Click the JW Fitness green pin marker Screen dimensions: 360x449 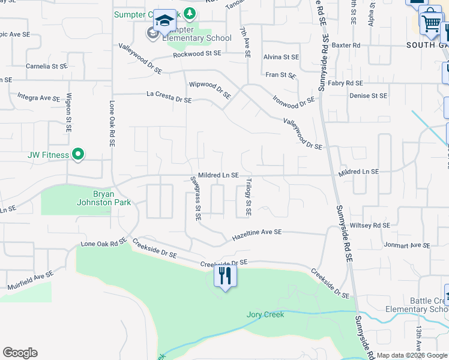[77, 155]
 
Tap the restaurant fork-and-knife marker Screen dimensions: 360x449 [225, 275]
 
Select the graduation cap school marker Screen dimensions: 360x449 [164, 21]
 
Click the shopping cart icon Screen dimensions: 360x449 [430, 24]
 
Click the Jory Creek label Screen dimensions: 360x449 [265, 314]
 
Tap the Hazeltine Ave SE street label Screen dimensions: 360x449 [257, 235]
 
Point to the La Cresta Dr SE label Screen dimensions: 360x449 [169, 97]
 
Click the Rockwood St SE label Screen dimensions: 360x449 [197, 54]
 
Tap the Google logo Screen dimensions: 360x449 [20, 353]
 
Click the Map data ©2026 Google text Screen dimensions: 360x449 [412, 355]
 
